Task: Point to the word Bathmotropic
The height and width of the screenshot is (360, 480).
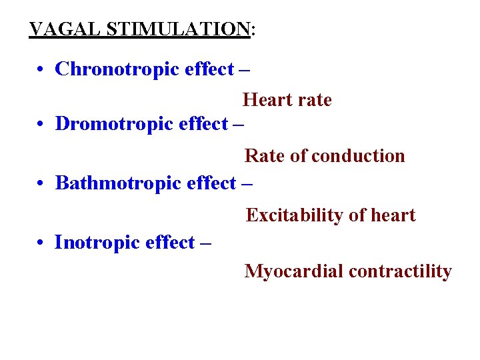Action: pyautogui.click(x=118, y=183)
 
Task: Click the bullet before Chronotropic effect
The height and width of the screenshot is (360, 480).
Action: pyautogui.click(x=41, y=70)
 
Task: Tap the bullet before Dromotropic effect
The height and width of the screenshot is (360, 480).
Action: pyautogui.click(x=41, y=125)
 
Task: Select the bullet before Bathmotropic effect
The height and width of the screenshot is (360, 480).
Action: pyautogui.click(x=41, y=183)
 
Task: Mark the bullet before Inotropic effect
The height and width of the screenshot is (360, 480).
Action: pyautogui.click(x=41, y=243)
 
